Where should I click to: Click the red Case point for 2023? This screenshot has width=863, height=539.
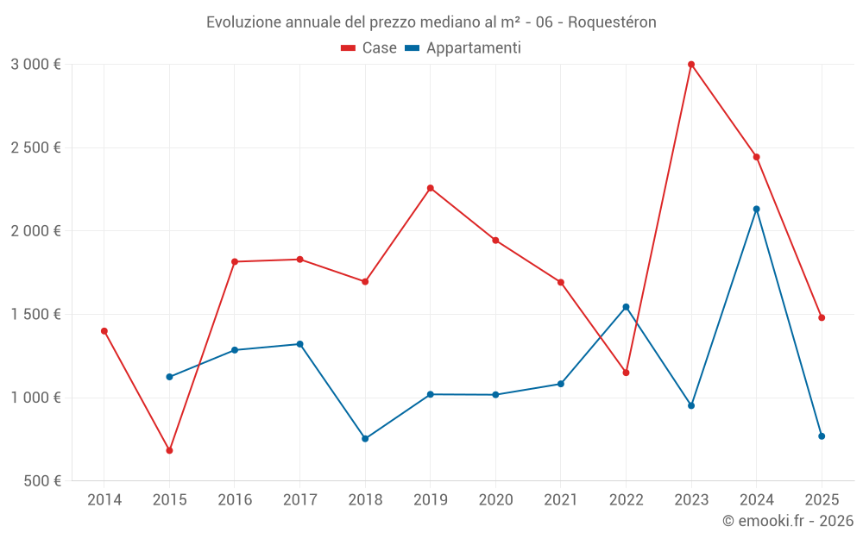[691, 64]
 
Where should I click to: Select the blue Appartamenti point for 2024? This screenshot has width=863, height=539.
[757, 209]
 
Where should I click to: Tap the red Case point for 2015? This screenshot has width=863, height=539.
[169, 450]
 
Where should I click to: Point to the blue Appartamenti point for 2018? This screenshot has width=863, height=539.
[365, 439]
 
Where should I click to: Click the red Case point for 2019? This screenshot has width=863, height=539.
[431, 188]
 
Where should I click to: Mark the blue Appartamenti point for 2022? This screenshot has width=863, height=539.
[626, 307]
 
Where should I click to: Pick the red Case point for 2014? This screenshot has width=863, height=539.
[104, 331]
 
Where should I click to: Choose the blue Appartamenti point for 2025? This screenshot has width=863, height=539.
[822, 436]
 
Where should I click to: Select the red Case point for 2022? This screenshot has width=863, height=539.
[626, 373]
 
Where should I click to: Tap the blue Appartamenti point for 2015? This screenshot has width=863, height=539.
[169, 377]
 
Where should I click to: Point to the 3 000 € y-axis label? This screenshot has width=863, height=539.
[35, 65]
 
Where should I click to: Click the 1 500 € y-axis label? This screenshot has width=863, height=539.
[35, 315]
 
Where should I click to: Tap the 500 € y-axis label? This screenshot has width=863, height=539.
[41, 481]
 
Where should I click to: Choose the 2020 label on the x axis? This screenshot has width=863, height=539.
[495, 500]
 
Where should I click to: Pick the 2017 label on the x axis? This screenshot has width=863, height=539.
[299, 500]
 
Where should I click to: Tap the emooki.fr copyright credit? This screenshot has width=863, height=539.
[788, 521]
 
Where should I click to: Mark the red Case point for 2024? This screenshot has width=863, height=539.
[757, 157]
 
